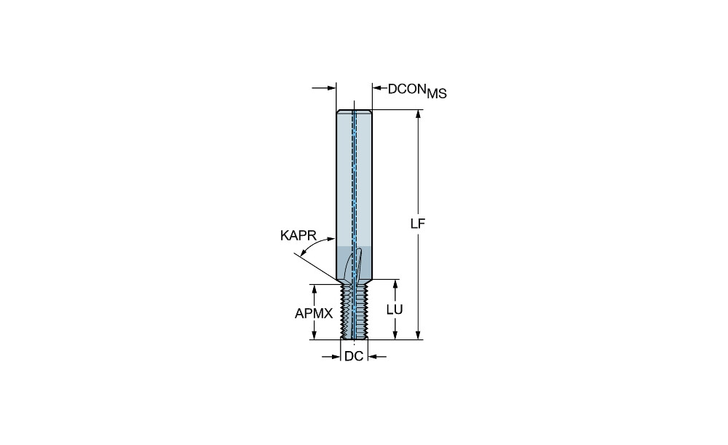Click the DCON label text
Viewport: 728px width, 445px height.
pos(407,89)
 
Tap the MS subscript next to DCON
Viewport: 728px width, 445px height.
pos(437,93)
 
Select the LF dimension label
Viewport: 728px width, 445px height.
pos(418,224)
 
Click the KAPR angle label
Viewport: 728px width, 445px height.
pos(298,235)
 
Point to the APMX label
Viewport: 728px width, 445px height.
pos(314,314)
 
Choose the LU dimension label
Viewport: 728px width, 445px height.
pos(395,310)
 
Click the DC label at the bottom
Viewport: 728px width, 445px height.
pos(354,356)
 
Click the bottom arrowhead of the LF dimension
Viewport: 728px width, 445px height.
pos(419,334)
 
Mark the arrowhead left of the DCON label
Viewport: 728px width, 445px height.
pos(377,87)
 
